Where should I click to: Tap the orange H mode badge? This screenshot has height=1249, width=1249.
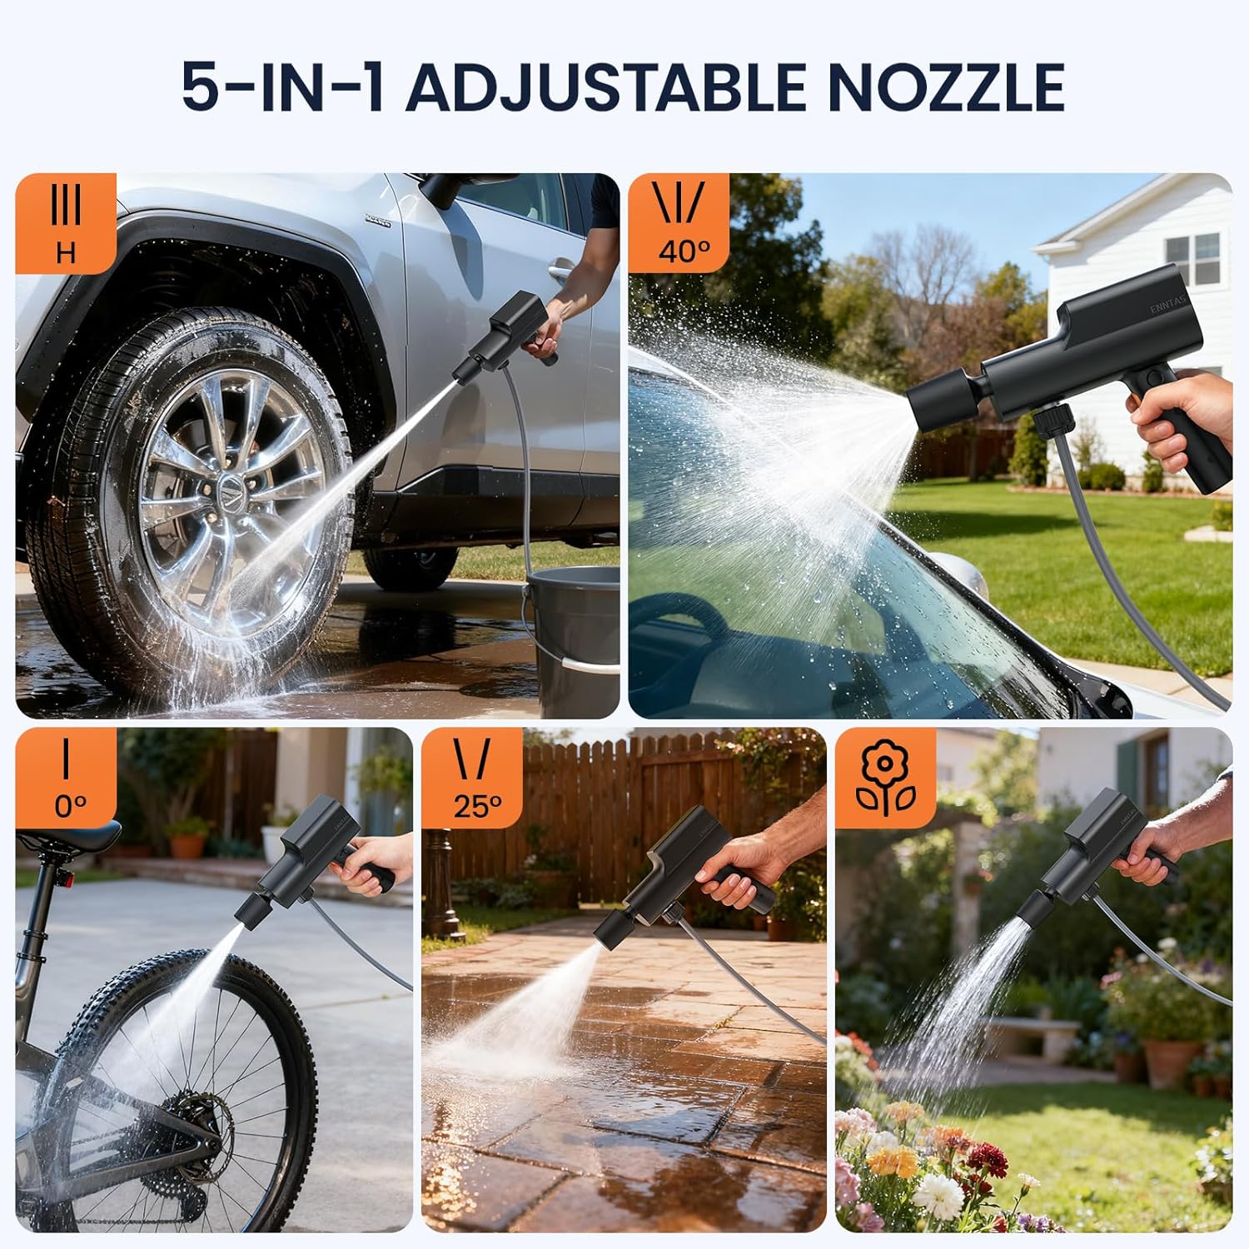click(66, 223)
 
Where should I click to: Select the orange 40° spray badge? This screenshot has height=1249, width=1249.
click(679, 223)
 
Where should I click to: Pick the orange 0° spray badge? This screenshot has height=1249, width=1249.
click(66, 778)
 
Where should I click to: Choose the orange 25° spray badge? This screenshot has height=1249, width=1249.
click(472, 778)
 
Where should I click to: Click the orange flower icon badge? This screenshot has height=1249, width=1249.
click(886, 778)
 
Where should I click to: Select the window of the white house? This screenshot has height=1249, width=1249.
click(1192, 258)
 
